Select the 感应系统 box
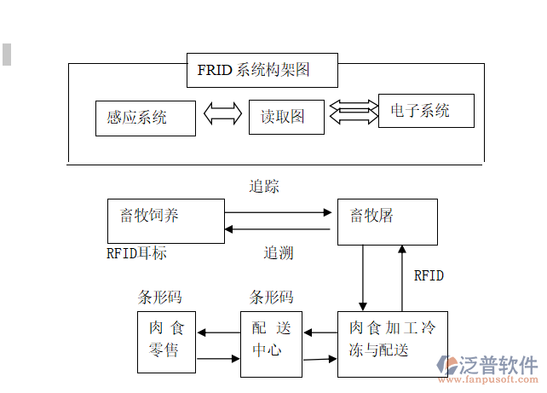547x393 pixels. click(x=145, y=118)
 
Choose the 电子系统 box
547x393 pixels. click(x=425, y=111)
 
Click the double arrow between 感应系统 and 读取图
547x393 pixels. click(x=223, y=114)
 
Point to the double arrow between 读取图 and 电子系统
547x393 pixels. click(x=353, y=109)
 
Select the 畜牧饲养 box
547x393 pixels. click(x=166, y=220)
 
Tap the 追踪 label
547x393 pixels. click(x=264, y=186)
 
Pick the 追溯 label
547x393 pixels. click(x=279, y=253)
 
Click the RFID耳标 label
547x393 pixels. click(x=136, y=253)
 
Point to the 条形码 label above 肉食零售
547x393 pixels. click(x=160, y=298)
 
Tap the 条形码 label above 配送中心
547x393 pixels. click(x=271, y=298)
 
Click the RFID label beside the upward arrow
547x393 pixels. click(x=429, y=276)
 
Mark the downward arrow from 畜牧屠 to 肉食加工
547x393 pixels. click(x=364, y=278)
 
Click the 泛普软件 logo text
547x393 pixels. click(x=501, y=365)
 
